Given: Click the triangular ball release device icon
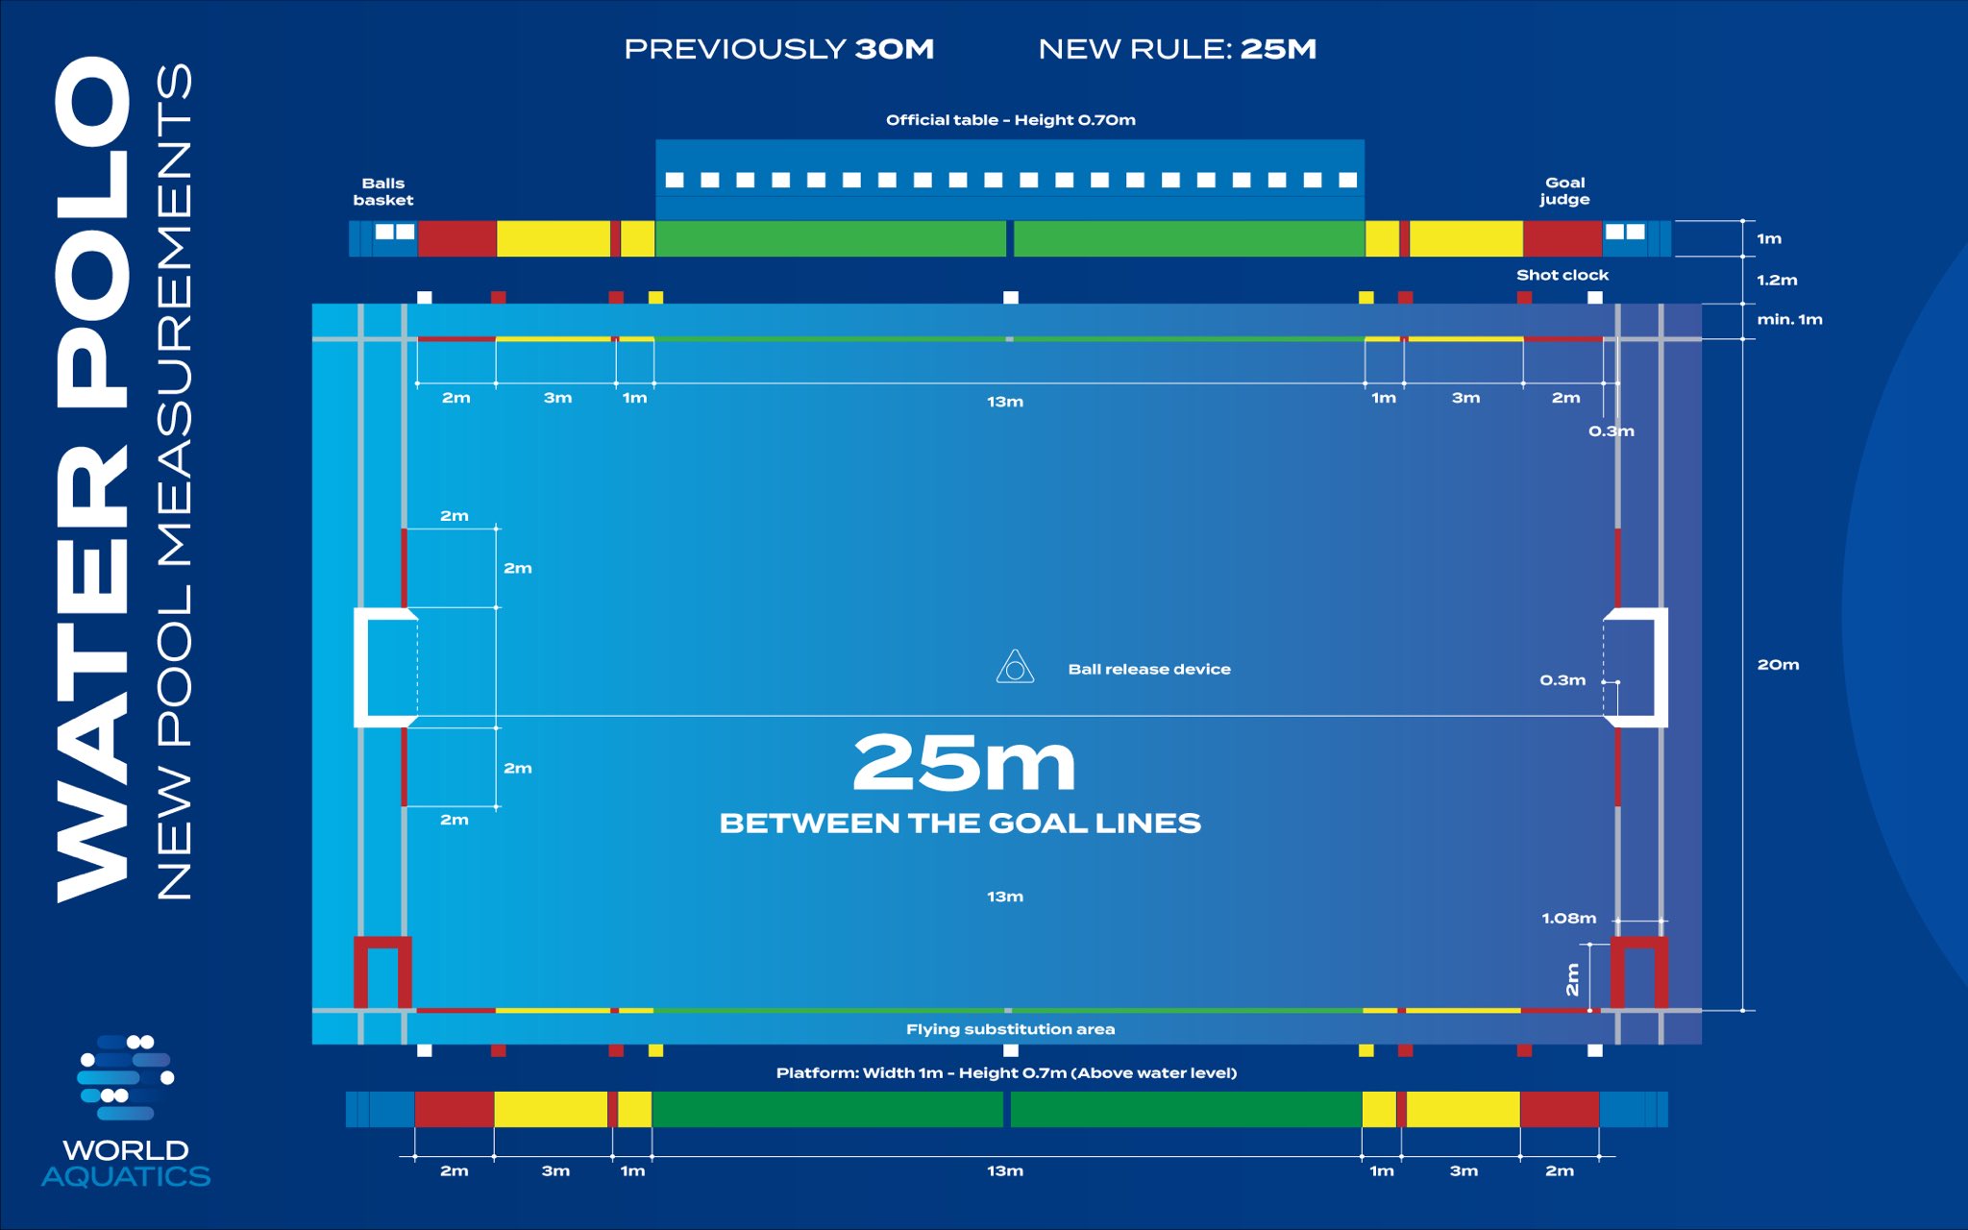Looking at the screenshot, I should coord(1015,668).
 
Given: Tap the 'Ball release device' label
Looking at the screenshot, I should coord(1148,669).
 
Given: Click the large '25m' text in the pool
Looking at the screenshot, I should coord(964,763).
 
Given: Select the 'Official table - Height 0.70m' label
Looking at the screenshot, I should coord(1010,120).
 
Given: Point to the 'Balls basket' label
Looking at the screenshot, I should coord(382,191).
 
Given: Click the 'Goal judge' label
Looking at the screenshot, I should coord(1564,190).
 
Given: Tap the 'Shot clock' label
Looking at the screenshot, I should coord(1562,275).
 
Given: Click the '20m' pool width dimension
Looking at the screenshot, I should coord(1778,665).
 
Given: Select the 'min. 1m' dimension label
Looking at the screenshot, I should coord(1789,319).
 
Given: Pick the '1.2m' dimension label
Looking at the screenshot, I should coord(1777,281).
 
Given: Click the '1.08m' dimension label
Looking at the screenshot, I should coord(1568,919).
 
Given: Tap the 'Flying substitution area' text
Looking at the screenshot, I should coord(1010,1029).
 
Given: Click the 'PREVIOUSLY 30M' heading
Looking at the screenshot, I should coord(778,49).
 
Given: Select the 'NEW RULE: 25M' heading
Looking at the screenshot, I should coord(1177,49).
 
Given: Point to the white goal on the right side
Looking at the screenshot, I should coord(1637,667).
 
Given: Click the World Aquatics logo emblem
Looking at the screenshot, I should coord(126,1076).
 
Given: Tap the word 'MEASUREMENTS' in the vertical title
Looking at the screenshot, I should coord(174,317).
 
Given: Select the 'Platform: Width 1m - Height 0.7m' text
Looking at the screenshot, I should coord(1006,1072).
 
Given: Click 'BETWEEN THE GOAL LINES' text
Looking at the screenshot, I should coord(960,824).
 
